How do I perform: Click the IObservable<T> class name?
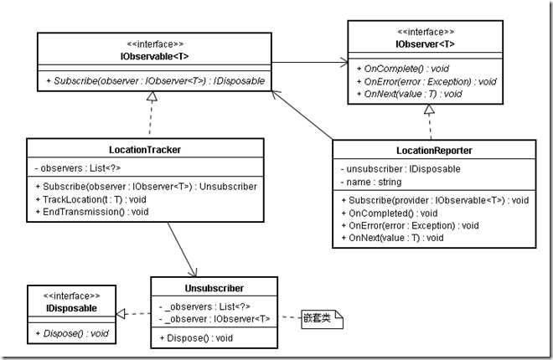click(x=152, y=55)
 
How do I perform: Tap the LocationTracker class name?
click(x=145, y=149)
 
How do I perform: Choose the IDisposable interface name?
click(x=71, y=308)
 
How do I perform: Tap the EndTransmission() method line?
click(x=92, y=212)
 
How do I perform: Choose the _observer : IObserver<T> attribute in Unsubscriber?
click(x=215, y=318)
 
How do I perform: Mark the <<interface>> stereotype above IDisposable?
click(x=71, y=296)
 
